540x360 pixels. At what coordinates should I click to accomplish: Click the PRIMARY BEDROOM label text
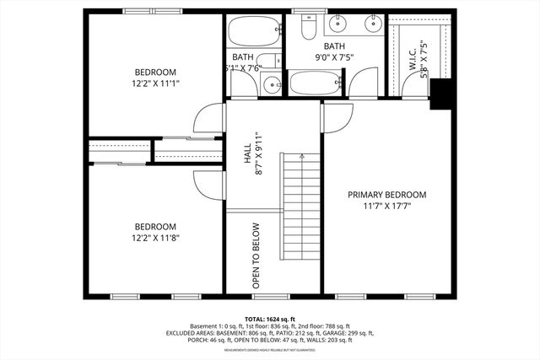[387, 195]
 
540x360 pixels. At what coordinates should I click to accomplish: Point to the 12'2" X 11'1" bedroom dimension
[156, 83]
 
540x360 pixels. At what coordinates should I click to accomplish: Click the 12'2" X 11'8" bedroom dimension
[156, 238]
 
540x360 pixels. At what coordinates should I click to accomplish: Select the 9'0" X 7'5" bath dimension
[334, 58]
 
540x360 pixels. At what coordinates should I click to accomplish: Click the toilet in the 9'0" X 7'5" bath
[309, 28]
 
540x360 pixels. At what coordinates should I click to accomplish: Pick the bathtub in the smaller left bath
[255, 33]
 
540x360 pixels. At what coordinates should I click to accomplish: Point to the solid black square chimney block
[441, 94]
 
